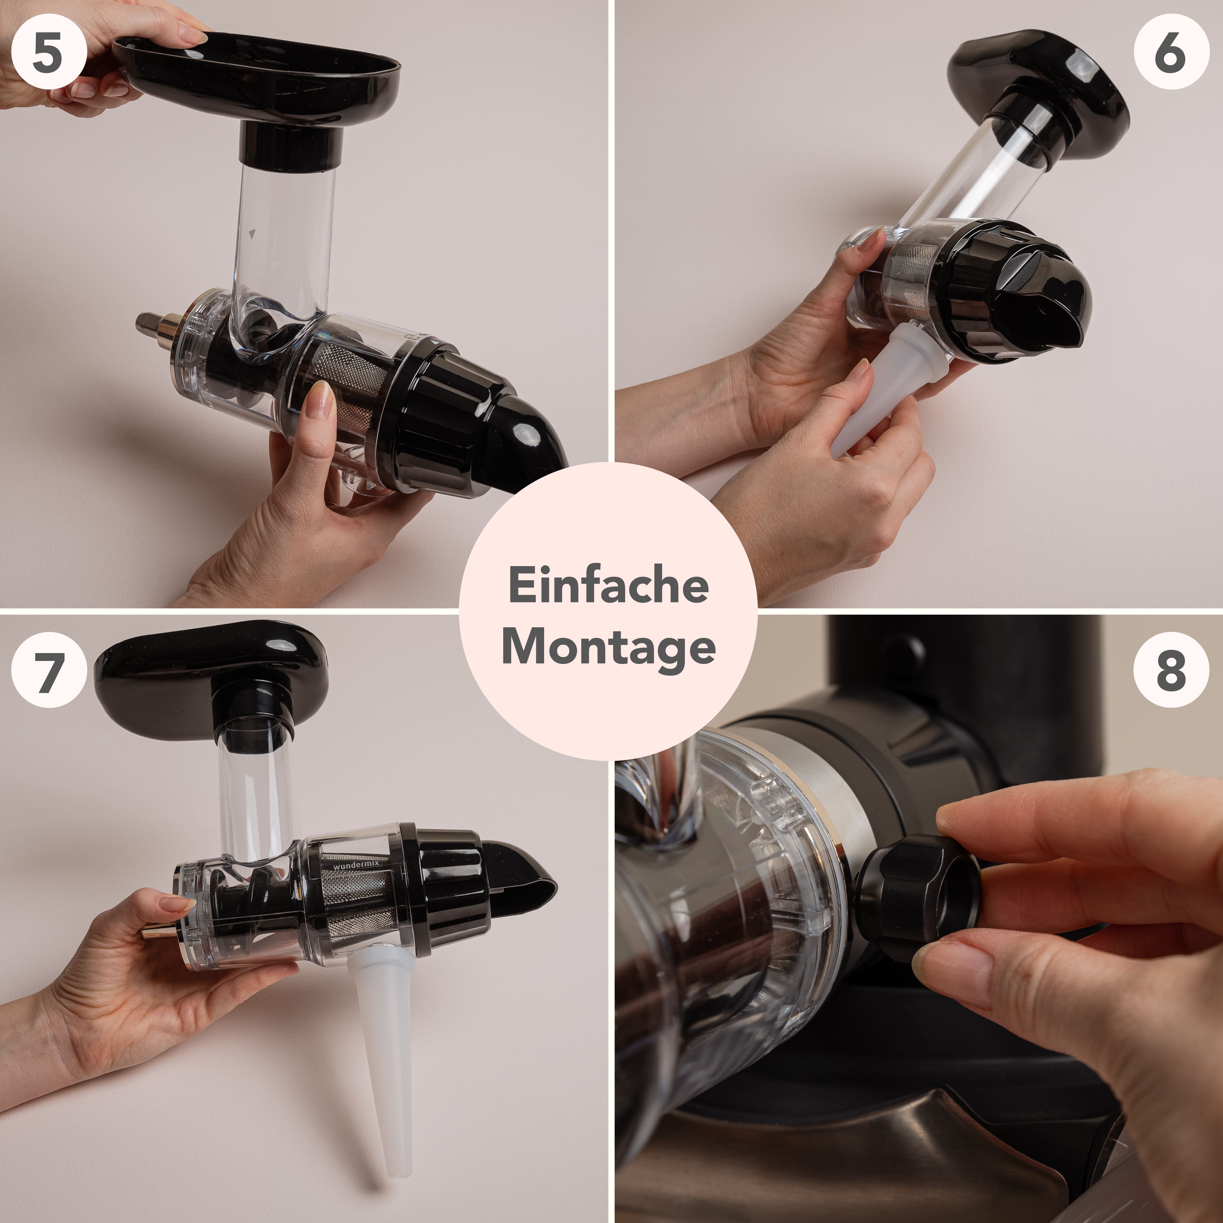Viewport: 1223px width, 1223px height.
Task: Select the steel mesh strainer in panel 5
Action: (x=351, y=380)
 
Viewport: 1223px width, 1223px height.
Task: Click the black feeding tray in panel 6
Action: (x=1038, y=82)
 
